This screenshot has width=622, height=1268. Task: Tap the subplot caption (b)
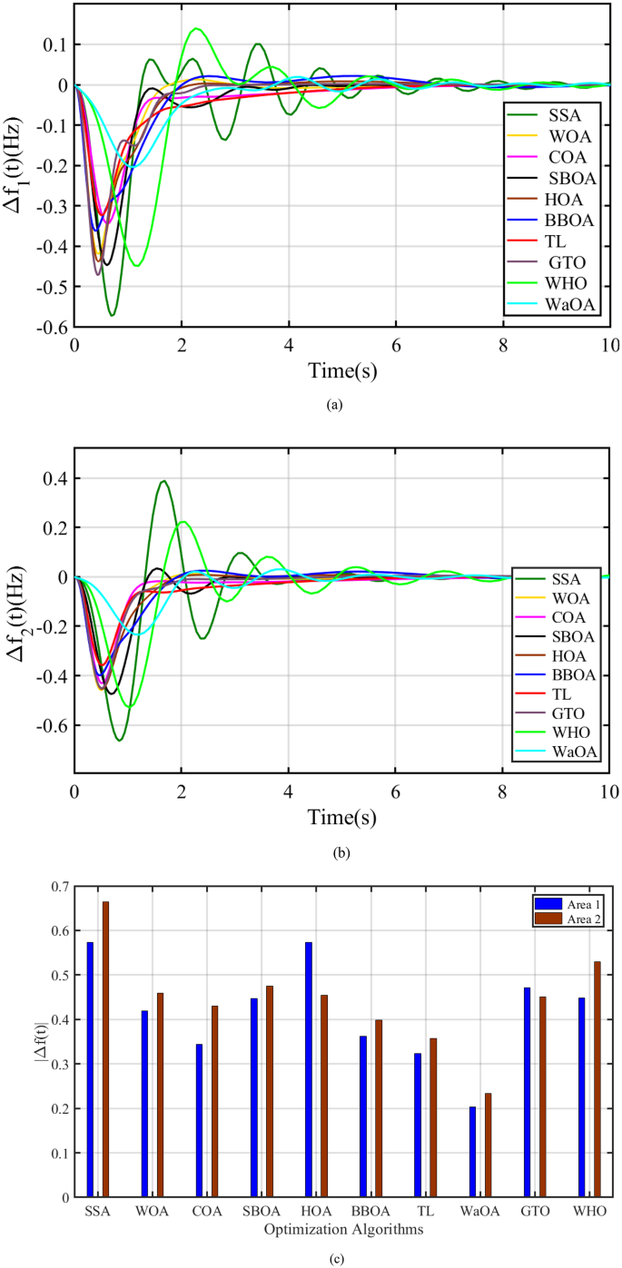point(341,852)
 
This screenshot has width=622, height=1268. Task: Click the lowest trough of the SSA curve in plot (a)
point(112,315)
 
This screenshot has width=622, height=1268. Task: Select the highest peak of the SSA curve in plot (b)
point(163,481)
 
